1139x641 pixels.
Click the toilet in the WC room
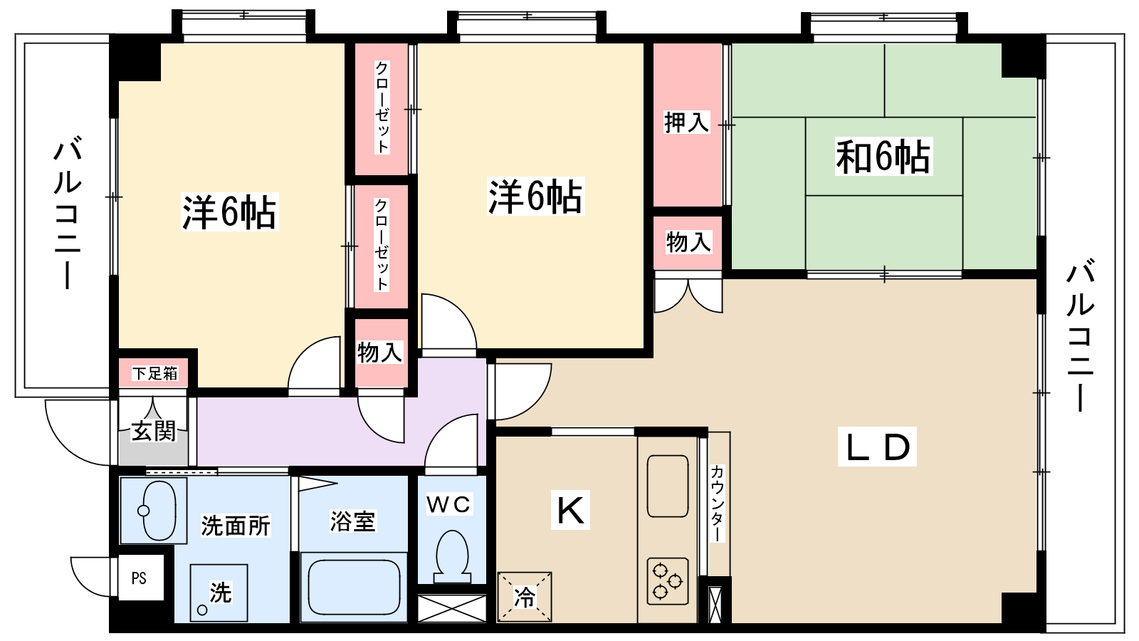click(451, 556)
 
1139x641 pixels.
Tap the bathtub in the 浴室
click(352, 590)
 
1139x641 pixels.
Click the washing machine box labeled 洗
click(219, 593)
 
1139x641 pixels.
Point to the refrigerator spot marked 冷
click(525, 597)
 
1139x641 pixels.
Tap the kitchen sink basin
click(668, 486)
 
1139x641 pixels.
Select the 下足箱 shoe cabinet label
click(154, 373)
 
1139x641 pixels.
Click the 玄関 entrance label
click(153, 431)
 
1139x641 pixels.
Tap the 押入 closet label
click(686, 123)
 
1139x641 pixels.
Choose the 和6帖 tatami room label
click(883, 157)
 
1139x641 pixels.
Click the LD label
click(877, 447)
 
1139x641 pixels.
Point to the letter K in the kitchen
click(570, 510)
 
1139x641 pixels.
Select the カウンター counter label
click(717, 502)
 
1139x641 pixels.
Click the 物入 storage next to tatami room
click(688, 242)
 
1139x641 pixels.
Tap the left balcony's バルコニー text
click(67, 214)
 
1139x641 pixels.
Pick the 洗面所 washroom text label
click(236, 526)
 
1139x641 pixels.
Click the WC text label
click(448, 505)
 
